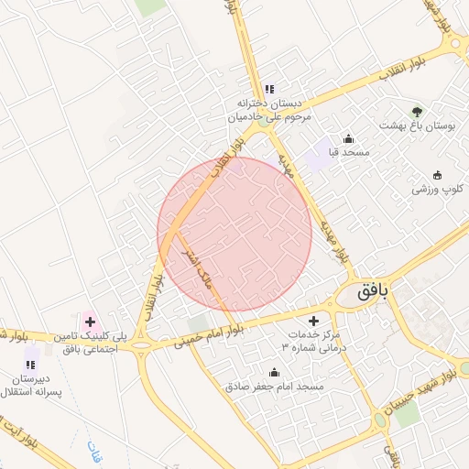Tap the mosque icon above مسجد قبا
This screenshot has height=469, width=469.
pyautogui.click(x=348, y=139)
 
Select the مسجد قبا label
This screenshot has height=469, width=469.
pyautogui.click(x=348, y=153)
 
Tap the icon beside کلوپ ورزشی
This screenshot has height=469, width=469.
pyautogui.click(x=437, y=176)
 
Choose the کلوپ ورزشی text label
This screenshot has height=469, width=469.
pyautogui.click(x=437, y=190)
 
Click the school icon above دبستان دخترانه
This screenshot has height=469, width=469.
pyautogui.click(x=269, y=89)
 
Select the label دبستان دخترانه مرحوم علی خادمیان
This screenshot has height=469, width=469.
pyautogui.click(x=270, y=110)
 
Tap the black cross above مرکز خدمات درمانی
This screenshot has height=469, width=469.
pyautogui.click(x=314, y=322)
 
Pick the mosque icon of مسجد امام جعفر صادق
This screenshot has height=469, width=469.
pyautogui.click(x=274, y=373)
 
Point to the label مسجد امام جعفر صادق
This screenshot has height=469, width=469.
pyautogui.click(x=275, y=387)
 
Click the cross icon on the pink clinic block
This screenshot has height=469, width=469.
pyautogui.click(x=90, y=321)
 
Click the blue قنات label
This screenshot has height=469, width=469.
pyautogui.click(x=95, y=450)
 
